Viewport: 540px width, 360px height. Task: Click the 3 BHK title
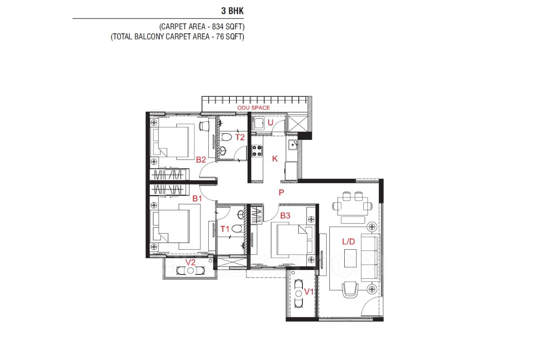(x=232, y=11)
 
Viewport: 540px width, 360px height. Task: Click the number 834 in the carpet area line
(x=218, y=27)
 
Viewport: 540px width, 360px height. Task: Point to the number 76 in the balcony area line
(x=220, y=36)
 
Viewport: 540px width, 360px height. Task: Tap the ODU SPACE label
(x=254, y=108)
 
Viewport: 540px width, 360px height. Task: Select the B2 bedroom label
(x=201, y=160)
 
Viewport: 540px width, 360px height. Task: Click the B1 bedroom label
(x=197, y=198)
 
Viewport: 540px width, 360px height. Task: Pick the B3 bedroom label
(x=285, y=215)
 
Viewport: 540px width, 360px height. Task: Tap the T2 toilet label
(x=240, y=137)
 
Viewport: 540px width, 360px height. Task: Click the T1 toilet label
(x=225, y=229)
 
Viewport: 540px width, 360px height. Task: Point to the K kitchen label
(x=275, y=159)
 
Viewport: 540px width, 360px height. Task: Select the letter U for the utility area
(x=270, y=122)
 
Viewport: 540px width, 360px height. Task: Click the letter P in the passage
(x=281, y=193)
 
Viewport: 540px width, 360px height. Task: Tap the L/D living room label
(x=349, y=241)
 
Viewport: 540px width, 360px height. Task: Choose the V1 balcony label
(x=309, y=292)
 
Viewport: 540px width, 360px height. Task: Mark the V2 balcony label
(x=190, y=262)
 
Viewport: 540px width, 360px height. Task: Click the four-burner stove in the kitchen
(x=257, y=151)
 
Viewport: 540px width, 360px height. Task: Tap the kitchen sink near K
(x=292, y=145)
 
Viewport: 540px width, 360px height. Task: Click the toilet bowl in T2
(x=226, y=137)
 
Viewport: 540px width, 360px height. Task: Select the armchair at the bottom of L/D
(x=350, y=290)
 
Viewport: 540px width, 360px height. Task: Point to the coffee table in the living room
(x=350, y=258)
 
